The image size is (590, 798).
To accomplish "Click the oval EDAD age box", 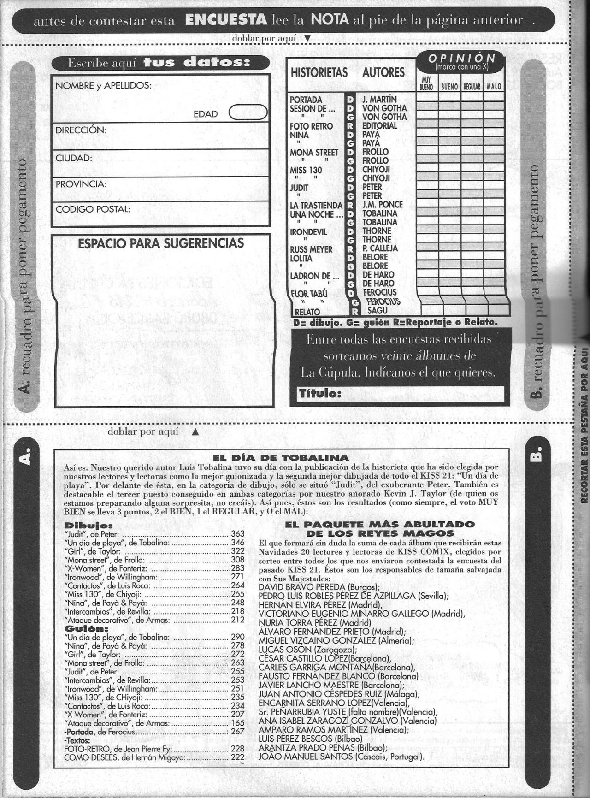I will (x=248, y=113).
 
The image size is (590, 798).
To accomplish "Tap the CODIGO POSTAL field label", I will (x=93, y=209).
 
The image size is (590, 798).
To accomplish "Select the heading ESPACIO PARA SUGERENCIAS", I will (x=161, y=243).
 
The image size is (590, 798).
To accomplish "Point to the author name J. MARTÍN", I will (x=379, y=100).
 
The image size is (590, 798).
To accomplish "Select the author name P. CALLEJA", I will (x=380, y=248).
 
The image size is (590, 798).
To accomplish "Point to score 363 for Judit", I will (x=237, y=534).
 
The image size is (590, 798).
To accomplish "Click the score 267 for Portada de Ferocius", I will (x=237, y=732).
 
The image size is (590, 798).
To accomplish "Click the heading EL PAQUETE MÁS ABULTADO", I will (x=379, y=524).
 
